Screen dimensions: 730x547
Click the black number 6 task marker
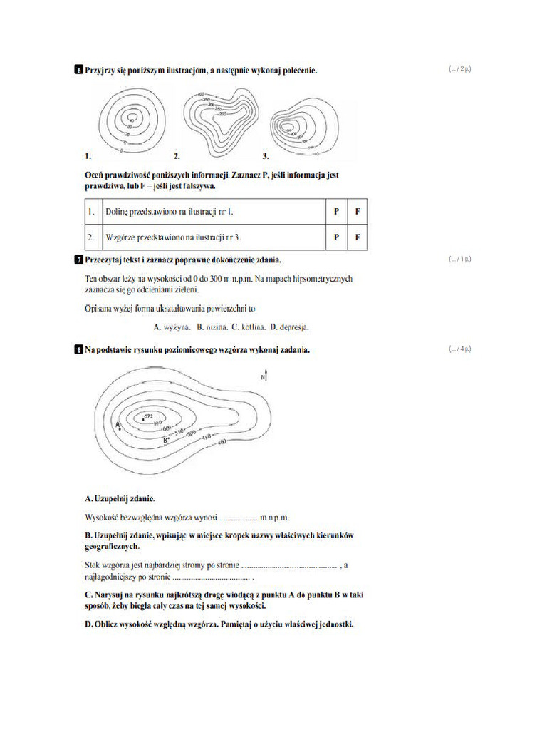(78, 71)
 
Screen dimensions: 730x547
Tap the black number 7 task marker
(78, 259)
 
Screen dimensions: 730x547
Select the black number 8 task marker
(78, 350)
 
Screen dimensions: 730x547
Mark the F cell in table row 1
(358, 212)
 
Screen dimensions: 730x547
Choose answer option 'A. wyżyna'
(172, 327)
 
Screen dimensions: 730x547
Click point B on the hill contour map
(166, 440)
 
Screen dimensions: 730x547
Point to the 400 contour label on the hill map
(221, 443)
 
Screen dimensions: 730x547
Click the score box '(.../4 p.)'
(460, 349)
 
